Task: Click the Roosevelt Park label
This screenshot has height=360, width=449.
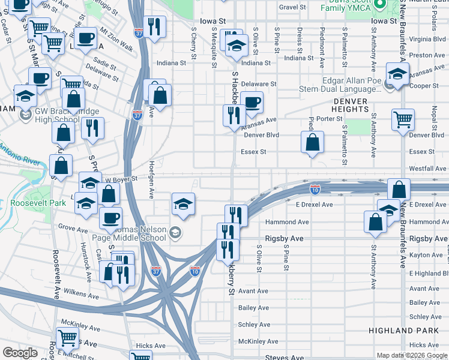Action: coord(38,203)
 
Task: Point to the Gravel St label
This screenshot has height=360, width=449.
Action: coord(292,7)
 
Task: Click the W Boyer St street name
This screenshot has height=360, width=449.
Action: coord(122,178)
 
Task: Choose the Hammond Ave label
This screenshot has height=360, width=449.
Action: coord(287,222)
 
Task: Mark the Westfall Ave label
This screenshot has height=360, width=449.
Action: coord(427,169)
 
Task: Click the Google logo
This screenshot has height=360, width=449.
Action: coord(20,353)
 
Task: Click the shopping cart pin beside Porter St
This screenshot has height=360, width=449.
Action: coord(403,118)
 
